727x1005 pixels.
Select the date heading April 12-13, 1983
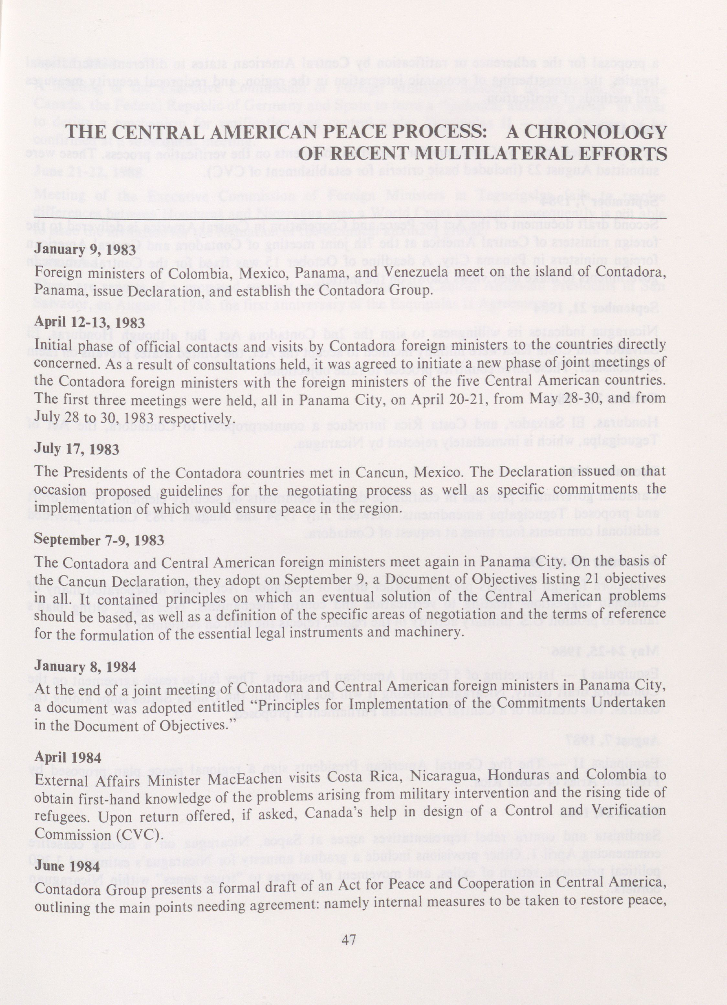point(90,322)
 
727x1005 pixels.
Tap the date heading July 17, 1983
point(77,449)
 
